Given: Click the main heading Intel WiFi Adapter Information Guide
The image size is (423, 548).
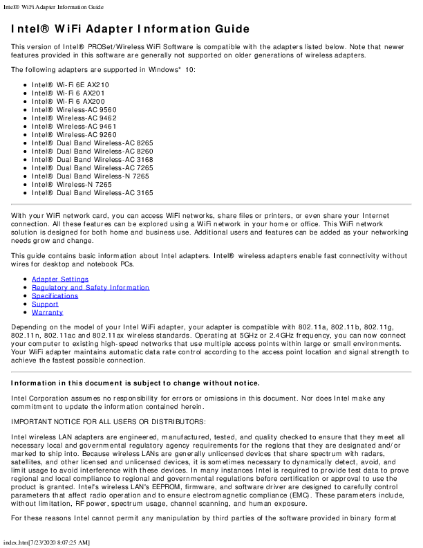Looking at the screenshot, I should point(130,29).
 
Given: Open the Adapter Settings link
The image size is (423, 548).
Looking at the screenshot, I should point(60,279).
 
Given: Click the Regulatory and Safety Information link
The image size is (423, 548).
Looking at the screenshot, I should point(91,287).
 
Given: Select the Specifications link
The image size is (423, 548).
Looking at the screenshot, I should point(55,295).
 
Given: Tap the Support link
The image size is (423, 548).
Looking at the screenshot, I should point(45,304).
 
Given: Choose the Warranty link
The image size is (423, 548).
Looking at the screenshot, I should point(47,312).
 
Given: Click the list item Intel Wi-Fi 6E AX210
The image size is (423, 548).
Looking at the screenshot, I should point(70,84).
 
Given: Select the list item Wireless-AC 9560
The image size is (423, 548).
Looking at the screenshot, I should point(74,109).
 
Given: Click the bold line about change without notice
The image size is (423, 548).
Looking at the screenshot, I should point(135,383).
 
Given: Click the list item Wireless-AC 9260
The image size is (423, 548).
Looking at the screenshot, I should point(74,134).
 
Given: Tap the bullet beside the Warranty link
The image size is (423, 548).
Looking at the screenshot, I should point(25,313).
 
